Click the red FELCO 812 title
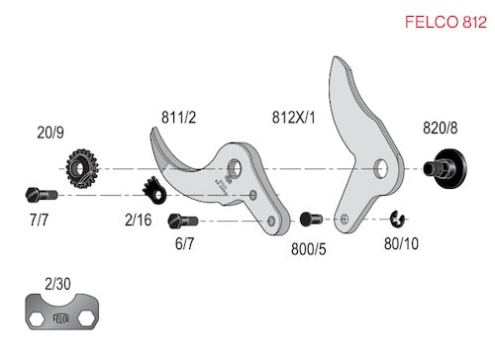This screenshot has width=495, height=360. [445, 22]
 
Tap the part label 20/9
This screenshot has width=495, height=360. [50, 133]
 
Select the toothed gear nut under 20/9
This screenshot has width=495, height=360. [82, 169]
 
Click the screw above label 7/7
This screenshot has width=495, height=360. [42, 195]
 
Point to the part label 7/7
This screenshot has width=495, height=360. [39, 220]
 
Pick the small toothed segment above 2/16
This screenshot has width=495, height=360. [154, 191]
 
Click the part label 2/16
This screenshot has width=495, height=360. [139, 220]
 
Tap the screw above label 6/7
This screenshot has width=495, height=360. [183, 221]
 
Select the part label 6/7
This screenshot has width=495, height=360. [184, 243]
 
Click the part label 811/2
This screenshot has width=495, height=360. [178, 118]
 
